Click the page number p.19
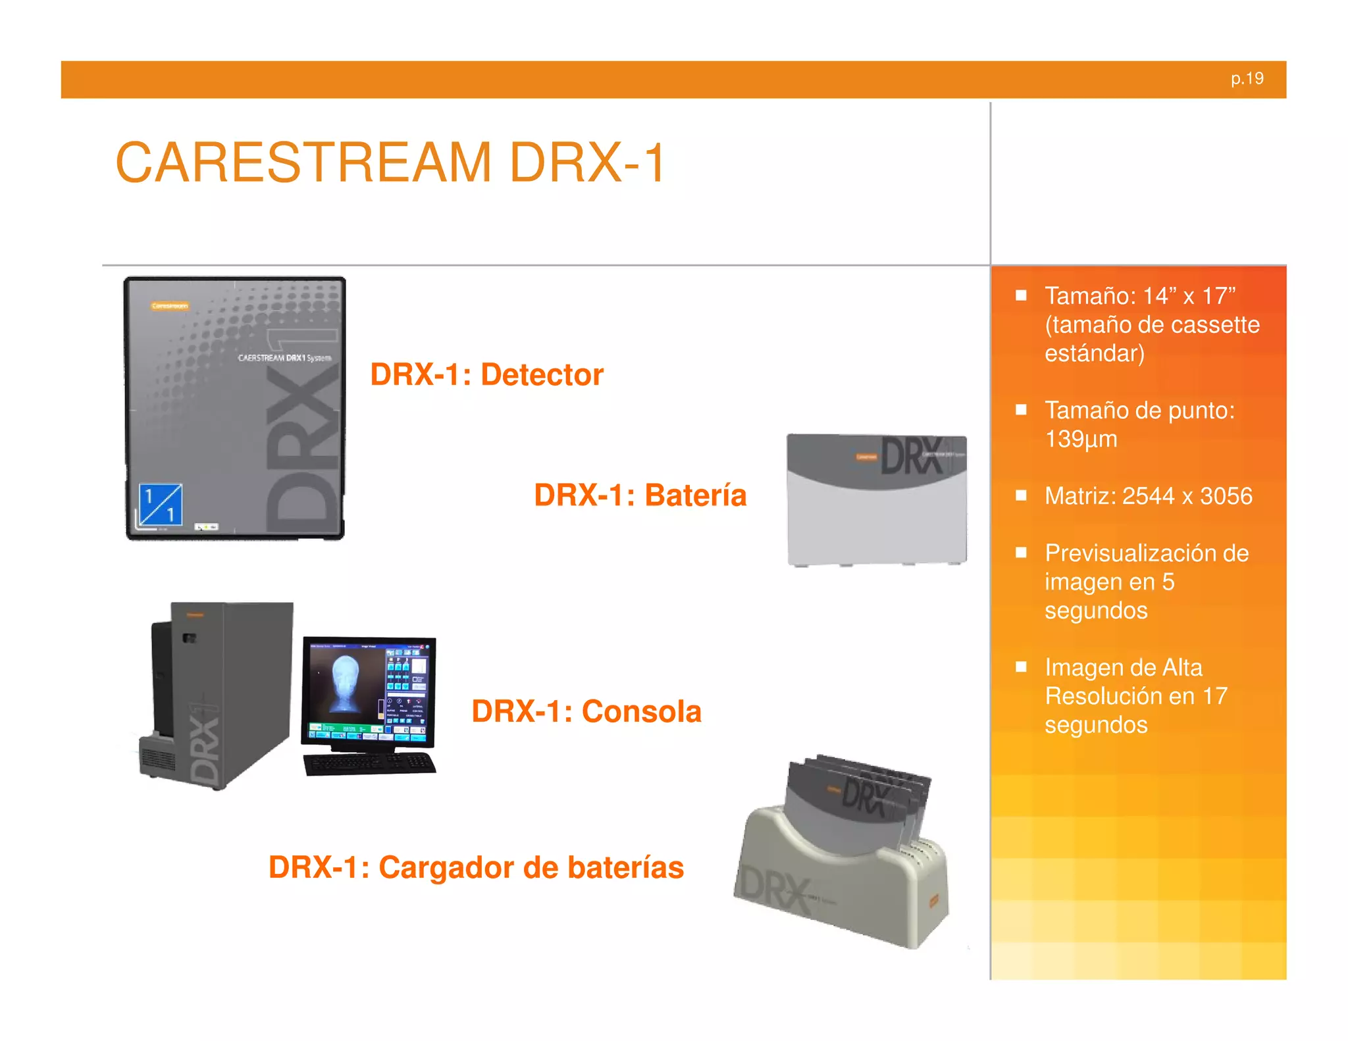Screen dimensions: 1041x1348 coord(1247,79)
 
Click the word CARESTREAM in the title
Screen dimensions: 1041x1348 coord(303,163)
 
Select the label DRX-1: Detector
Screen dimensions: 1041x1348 coord(486,374)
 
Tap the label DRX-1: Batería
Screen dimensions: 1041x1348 coord(640,495)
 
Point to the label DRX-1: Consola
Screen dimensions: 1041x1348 coord(586,711)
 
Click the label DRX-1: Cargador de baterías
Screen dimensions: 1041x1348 coord(476,867)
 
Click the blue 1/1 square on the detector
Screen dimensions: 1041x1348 coord(161,505)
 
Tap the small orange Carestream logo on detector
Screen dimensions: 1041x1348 coord(170,306)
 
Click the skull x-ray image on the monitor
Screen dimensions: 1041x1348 coord(345,685)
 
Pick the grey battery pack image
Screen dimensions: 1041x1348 coord(877,500)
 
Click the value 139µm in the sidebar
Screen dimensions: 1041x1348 coord(1081,439)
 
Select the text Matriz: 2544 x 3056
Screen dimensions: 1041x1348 coord(1148,495)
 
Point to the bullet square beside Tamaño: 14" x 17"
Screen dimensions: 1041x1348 coord(1021,295)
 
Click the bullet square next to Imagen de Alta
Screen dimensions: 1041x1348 coord(1021,667)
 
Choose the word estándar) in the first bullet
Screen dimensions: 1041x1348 coord(1094,353)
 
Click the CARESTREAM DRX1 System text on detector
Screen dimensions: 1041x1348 coord(284,358)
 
